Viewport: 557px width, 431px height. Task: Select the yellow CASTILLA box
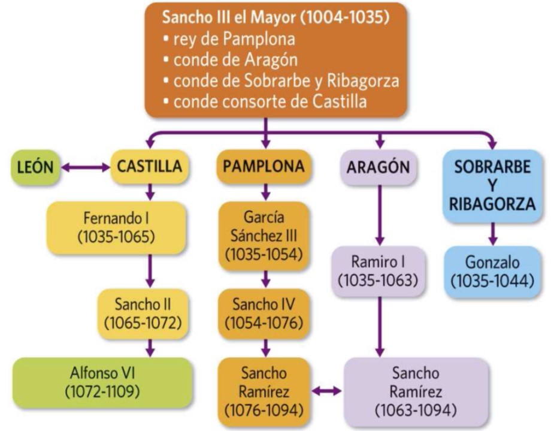pyautogui.click(x=150, y=167)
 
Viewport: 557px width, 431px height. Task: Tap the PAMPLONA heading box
pyautogui.click(x=264, y=167)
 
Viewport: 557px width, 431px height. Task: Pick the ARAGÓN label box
pyautogui.click(x=378, y=167)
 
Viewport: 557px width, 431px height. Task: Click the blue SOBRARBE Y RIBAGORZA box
pyautogui.click(x=492, y=185)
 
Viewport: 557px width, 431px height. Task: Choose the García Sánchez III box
pyautogui.click(x=264, y=235)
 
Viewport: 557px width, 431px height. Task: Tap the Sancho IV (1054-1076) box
pyautogui.click(x=264, y=312)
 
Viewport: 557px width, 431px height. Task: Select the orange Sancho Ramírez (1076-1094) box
pyautogui.click(x=264, y=392)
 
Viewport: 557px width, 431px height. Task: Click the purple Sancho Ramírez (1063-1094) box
pyautogui.click(x=415, y=392)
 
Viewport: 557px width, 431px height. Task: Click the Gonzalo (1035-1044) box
pyautogui.click(x=492, y=272)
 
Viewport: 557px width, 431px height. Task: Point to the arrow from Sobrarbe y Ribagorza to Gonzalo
pyautogui.click(x=492, y=233)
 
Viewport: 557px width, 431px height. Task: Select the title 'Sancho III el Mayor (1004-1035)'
pyautogui.click(x=276, y=17)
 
